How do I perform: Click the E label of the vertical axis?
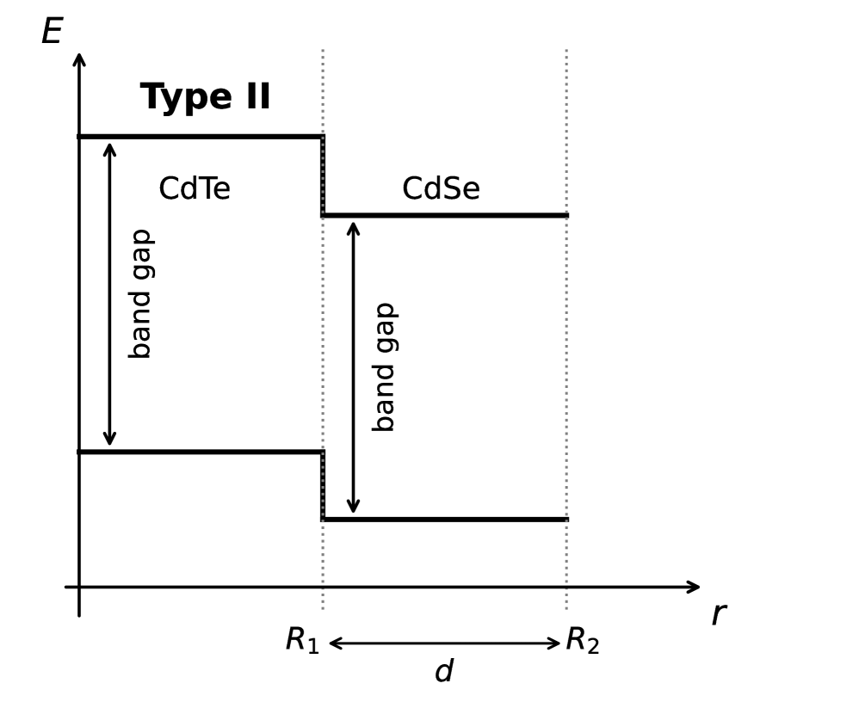[52, 32]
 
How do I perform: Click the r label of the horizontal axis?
[719, 614]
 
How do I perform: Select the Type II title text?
[205, 97]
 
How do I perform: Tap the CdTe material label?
[195, 189]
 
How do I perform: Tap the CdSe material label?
[441, 189]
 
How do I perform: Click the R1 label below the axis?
[302, 641]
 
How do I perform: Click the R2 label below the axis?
[582, 641]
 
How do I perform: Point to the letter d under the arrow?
[443, 672]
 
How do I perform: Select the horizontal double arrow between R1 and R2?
[444, 643]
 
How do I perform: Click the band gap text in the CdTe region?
[140, 293]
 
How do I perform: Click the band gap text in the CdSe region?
[384, 366]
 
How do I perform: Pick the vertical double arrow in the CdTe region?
[109, 293]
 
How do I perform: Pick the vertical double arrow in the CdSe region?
[353, 367]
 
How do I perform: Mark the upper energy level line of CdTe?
[200, 136]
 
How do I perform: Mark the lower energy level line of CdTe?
[200, 452]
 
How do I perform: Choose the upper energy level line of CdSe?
[444, 215]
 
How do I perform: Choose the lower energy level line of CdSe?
[444, 520]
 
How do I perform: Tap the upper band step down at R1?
[323, 175]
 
